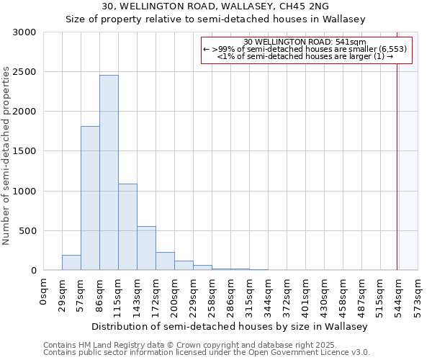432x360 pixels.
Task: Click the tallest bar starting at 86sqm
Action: pos(109,173)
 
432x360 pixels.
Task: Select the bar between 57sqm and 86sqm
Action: pos(90,198)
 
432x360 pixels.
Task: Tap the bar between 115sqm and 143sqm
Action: pos(127,227)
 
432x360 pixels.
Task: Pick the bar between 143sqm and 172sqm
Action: pos(146,248)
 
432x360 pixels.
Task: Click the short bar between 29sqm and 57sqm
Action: pos(71,263)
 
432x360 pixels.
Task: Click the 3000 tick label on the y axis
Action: pos(24,32)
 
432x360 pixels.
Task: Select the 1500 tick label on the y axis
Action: pos(24,151)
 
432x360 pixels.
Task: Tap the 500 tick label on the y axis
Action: pos(27,231)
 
